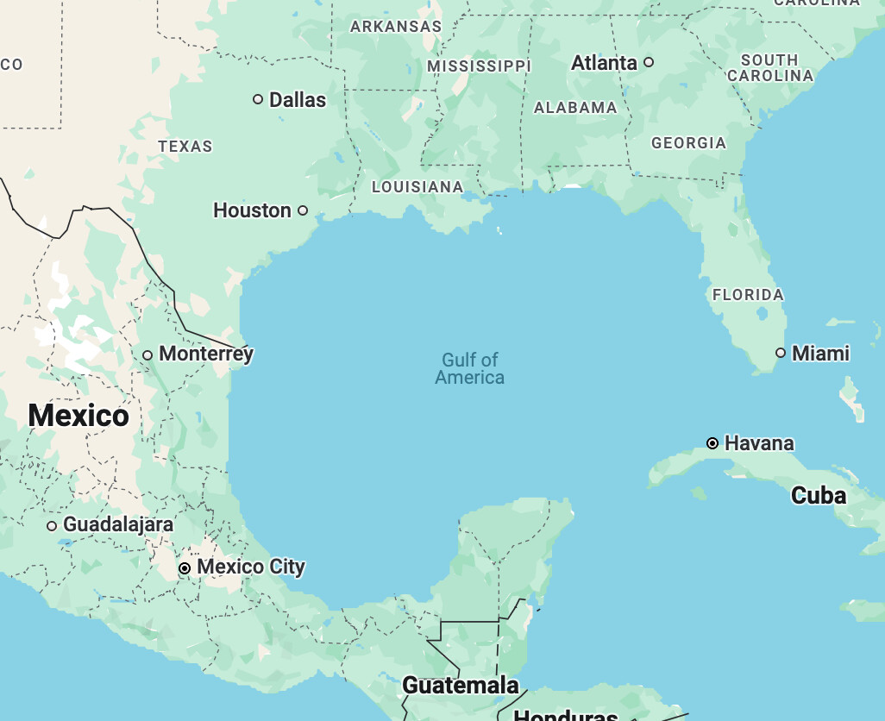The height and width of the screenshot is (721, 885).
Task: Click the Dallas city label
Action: coord(298,100)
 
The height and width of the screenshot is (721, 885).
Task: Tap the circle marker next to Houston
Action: coord(303,210)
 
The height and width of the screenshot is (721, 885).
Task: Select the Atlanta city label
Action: coord(604,63)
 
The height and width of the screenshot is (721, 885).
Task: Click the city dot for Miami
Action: coord(781,353)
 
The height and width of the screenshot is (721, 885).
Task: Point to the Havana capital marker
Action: coord(712,443)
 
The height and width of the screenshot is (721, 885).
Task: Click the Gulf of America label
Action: coord(470,368)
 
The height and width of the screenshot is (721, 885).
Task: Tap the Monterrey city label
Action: coord(206,354)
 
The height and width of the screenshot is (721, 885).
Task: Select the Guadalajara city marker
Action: coord(52,525)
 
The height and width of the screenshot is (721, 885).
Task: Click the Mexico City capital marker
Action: coord(185,568)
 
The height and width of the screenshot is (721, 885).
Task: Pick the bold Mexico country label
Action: coord(78,416)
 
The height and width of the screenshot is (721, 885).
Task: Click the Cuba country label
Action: coord(819,496)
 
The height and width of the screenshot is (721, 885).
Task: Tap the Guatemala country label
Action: coord(461,686)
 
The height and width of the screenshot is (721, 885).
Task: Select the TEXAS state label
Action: coord(185,147)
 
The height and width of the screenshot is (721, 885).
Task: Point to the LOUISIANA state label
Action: coord(417,187)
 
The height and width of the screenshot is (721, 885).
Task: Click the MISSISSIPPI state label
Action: coord(479,66)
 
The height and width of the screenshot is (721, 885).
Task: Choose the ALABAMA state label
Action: coord(575,108)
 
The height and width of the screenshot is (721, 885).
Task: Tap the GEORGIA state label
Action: coord(688,143)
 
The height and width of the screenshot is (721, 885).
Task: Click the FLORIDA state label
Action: coord(748,295)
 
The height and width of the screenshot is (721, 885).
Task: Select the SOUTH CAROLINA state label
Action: coord(769,67)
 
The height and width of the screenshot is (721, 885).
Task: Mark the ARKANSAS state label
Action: coord(396,27)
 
